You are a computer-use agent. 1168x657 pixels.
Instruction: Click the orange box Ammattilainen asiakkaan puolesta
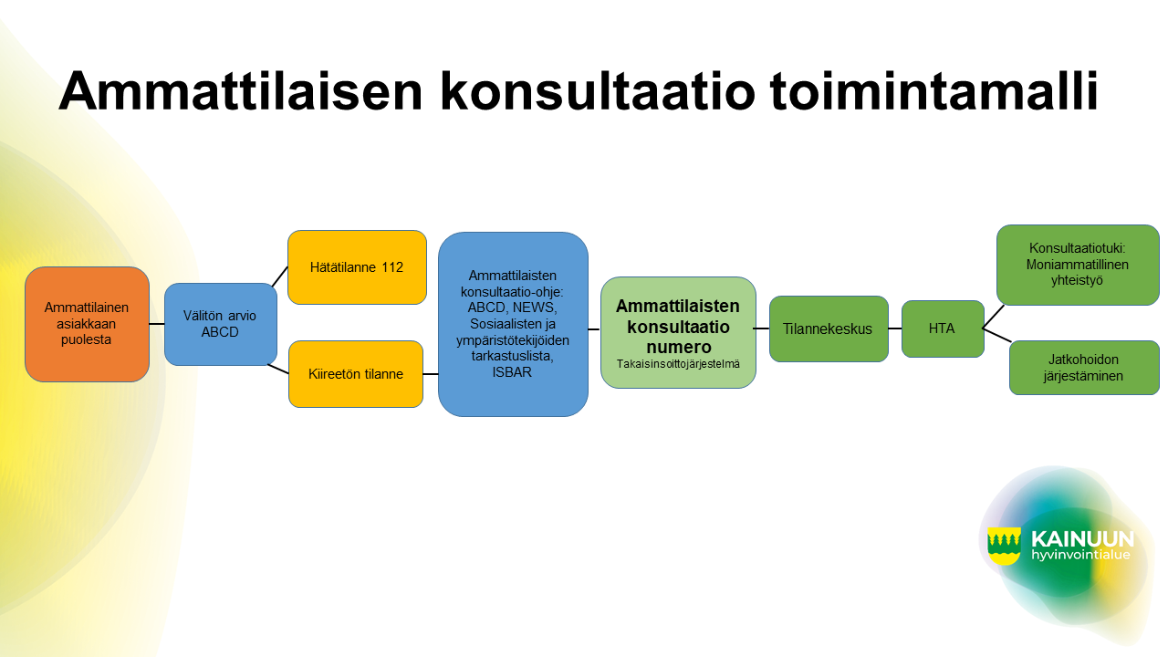pos(87,324)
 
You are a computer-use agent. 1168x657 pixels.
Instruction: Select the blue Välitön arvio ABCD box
pos(221,324)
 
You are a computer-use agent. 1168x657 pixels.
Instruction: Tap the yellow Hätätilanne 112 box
pos(357,267)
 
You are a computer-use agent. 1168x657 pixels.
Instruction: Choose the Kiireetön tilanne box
pos(356,374)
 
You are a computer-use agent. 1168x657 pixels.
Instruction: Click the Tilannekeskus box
pos(829,328)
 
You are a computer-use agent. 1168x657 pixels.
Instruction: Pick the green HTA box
pos(943,328)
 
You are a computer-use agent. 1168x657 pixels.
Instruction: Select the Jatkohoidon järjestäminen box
pos(1084,368)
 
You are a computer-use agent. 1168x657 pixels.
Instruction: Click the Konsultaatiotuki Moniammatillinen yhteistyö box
pos(1078,265)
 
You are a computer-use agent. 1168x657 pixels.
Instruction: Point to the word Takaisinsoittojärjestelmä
pos(678,364)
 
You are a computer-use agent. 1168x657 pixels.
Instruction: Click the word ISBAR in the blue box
pos(512,372)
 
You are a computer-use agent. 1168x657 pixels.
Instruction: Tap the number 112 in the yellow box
pos(392,267)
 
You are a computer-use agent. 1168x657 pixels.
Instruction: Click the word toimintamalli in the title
pos(933,91)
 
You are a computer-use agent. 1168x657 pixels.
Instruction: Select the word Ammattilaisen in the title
pos(240,91)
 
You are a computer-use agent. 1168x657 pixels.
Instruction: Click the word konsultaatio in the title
pos(598,91)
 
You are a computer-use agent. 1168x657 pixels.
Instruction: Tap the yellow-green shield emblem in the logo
pos(1004,546)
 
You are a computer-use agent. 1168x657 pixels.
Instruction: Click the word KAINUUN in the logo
pos(1082,538)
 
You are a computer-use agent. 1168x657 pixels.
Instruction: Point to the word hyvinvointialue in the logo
pos(1080,555)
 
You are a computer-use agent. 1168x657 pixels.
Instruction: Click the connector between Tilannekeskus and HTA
pos(895,328)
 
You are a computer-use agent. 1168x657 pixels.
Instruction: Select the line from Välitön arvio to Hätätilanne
pos(280,276)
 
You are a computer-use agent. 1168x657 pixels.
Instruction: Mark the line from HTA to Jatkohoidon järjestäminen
pos(997,335)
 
